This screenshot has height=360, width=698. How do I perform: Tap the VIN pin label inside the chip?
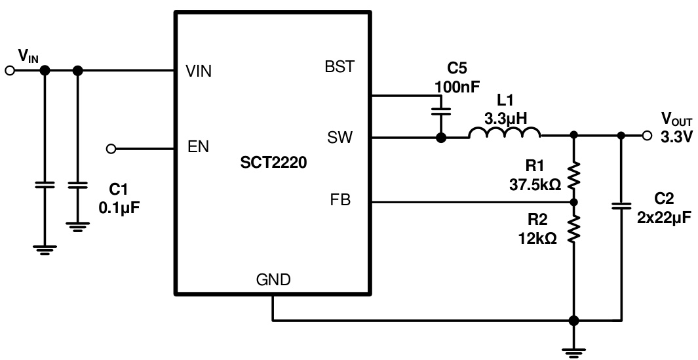pos(199,71)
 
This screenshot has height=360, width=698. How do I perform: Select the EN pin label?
pos(198,147)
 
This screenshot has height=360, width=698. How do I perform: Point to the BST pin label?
pos(339,67)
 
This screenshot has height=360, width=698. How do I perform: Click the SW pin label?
pos(339,138)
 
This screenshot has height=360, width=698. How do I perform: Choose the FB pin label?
pos(341,201)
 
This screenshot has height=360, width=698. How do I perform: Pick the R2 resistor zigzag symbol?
pos(574,230)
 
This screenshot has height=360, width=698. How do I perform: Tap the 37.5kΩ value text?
pos(535,185)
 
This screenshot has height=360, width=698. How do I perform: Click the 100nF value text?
pos(456,86)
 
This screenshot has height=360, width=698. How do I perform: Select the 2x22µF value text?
pos(664,218)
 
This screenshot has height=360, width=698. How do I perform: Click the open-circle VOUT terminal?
pos(648,136)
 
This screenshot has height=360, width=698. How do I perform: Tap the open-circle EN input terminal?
pos(111,149)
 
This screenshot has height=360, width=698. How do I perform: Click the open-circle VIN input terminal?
pos(9,71)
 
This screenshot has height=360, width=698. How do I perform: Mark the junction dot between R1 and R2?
pos(574,202)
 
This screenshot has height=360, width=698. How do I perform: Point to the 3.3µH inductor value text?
pos(505,119)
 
